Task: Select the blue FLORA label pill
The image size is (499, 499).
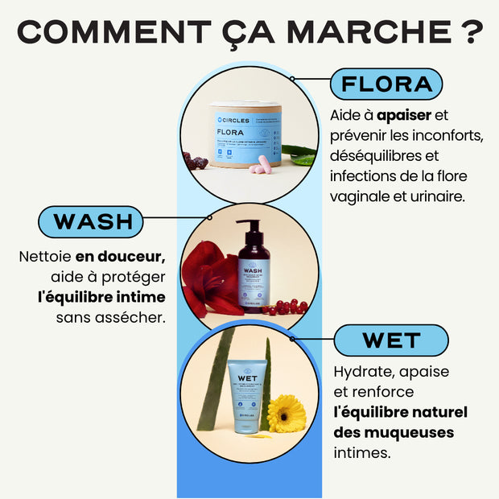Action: pos(386,84)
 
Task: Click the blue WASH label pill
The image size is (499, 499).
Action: pos(91,222)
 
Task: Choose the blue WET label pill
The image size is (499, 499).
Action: pos(391,340)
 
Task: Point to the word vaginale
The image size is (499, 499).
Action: pos(358,196)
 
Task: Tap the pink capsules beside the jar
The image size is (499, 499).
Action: pos(260,168)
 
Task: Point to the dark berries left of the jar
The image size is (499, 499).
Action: pos(196,161)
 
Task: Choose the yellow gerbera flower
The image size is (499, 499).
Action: pos(286,413)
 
